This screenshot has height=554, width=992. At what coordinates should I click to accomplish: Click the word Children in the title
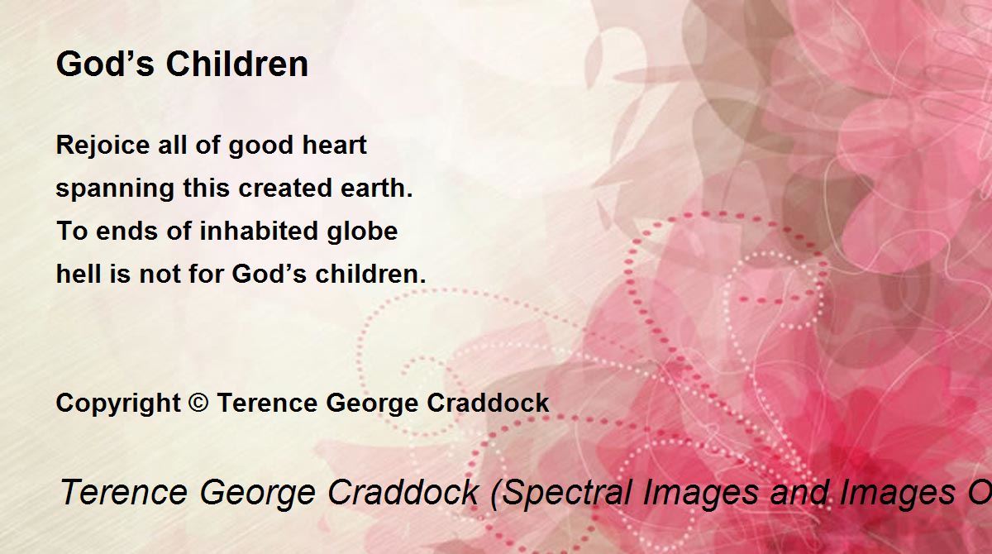(x=237, y=64)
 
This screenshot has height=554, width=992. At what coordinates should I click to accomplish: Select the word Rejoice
(x=103, y=146)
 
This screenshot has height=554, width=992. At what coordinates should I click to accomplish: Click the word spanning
(x=115, y=189)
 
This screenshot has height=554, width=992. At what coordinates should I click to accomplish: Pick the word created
(x=285, y=188)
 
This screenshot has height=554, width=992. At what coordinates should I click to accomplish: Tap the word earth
(x=376, y=188)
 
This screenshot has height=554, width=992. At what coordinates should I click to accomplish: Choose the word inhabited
(x=259, y=231)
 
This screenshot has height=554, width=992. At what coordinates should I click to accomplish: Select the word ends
(x=126, y=232)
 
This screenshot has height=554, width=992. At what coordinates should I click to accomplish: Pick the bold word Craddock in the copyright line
(x=488, y=403)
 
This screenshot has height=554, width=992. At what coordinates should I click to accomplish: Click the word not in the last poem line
(x=160, y=275)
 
